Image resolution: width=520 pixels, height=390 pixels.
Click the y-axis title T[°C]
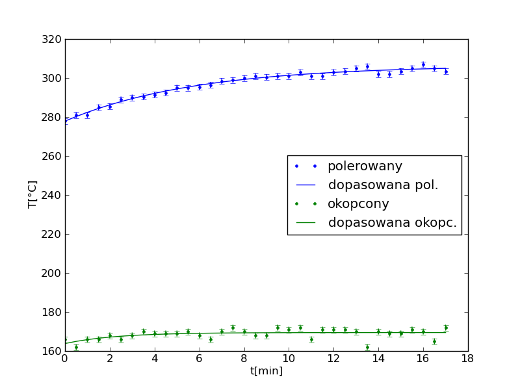click(32, 194)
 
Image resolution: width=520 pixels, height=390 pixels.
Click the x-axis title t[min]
click(266, 370)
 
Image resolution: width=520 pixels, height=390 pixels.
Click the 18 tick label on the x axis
click(467, 358)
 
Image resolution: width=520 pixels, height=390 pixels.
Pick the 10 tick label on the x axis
click(289, 358)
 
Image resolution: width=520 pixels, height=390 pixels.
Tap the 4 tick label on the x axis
click(155, 358)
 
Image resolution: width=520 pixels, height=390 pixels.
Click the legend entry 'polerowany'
click(365, 166)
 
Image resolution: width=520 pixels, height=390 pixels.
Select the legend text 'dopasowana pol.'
click(383, 185)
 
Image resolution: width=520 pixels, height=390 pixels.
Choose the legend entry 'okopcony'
click(358, 204)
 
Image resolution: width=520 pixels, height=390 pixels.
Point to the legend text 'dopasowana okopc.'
click(392, 223)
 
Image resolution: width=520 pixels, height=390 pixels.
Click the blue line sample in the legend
click(305, 185)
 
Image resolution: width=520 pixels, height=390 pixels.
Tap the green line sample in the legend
click(305, 223)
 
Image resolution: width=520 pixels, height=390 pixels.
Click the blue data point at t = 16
click(423, 64)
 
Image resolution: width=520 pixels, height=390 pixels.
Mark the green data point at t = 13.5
click(367, 347)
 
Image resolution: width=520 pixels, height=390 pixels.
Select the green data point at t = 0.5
click(76, 347)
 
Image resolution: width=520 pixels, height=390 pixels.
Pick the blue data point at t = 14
click(378, 74)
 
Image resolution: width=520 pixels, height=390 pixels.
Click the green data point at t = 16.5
click(434, 341)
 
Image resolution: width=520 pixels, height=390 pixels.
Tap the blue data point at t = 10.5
click(300, 72)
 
